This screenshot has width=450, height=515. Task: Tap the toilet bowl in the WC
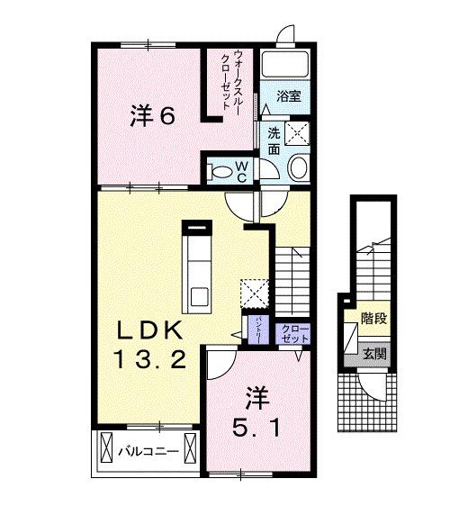pos(219,169)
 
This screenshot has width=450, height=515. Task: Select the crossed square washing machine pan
pos(299,132)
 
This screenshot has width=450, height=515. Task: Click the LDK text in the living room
pos(151,329)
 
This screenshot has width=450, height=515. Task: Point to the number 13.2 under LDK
pos(151,361)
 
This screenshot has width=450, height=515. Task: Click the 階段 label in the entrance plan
pos(373,319)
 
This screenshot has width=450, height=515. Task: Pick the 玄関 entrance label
pos(374,354)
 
